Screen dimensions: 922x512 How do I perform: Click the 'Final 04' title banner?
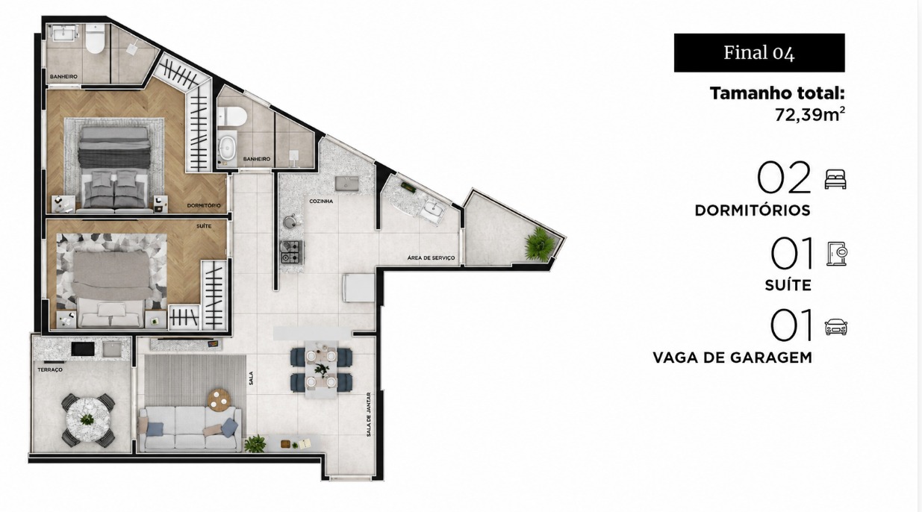[759, 53]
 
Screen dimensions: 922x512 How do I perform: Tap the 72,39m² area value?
[809, 114]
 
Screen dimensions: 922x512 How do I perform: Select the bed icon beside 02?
[835, 179]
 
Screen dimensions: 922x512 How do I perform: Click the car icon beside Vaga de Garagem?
[836, 327]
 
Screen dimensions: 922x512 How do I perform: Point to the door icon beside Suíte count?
[837, 254]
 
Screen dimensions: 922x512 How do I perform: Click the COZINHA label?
[321, 202]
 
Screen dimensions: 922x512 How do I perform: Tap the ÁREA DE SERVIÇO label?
[431, 258]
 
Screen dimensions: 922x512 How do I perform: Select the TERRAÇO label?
[50, 369]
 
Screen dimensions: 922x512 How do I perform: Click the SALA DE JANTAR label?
[368, 414]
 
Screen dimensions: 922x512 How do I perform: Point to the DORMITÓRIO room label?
[204, 205]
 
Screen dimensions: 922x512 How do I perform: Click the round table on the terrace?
[88, 420]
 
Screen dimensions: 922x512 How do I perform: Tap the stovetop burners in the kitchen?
[291, 252]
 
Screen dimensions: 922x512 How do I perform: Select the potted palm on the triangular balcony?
[538, 243]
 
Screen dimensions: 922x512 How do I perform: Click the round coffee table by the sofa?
[219, 399]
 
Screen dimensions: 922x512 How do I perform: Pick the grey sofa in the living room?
[190, 429]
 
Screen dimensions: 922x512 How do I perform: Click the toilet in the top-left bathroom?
[95, 39]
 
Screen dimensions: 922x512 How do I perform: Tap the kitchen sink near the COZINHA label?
[346, 184]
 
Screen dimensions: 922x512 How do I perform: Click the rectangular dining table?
[321, 369]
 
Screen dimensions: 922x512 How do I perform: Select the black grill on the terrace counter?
[83, 349]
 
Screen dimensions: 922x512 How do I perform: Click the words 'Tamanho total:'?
[777, 93]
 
